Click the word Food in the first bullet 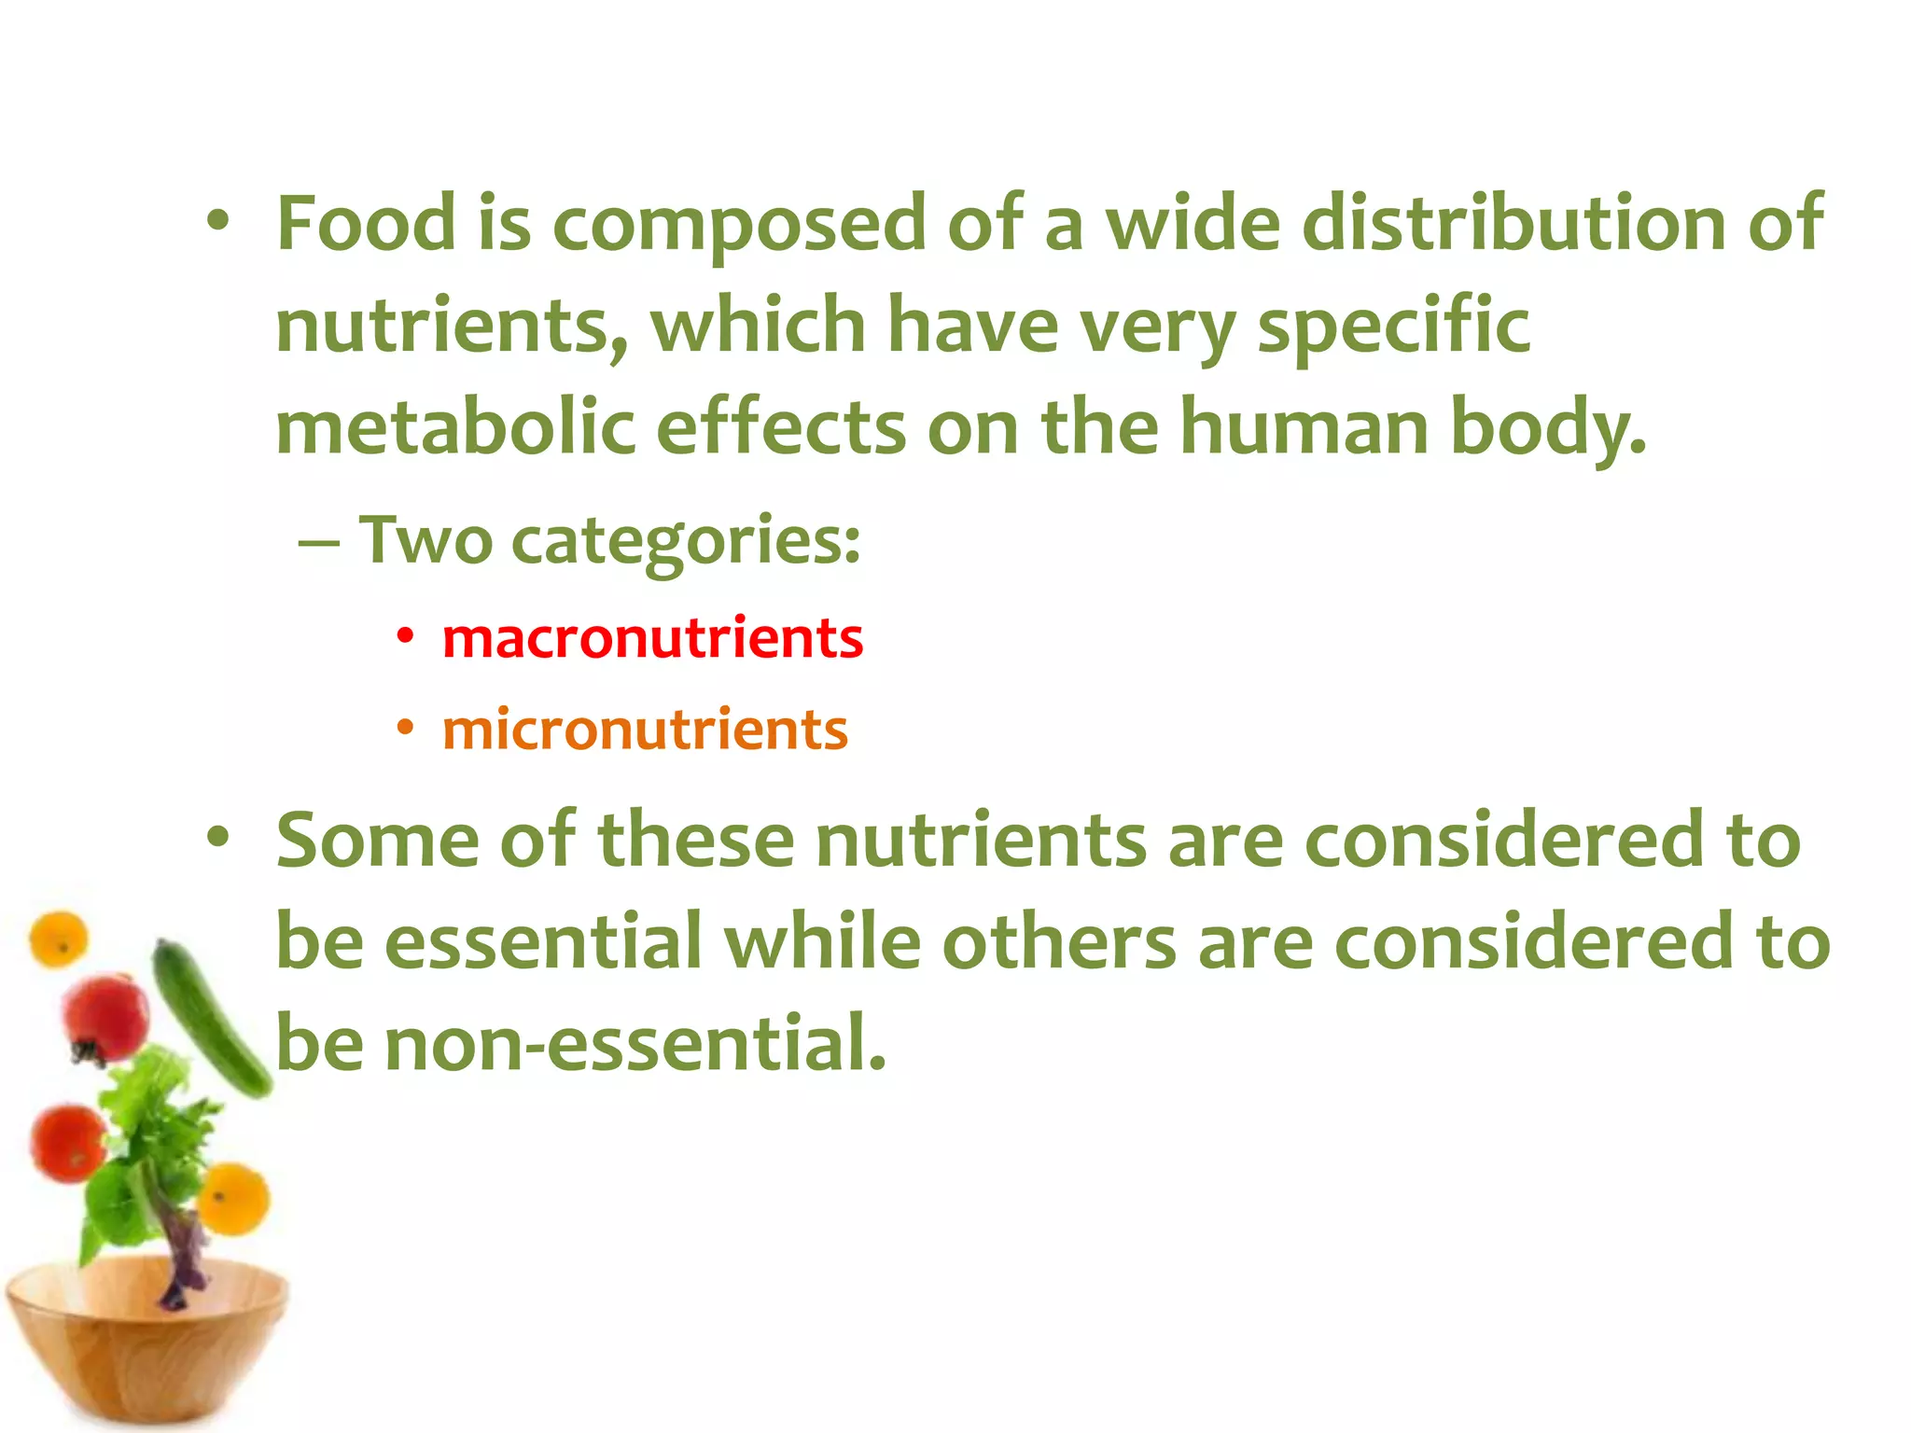point(366,223)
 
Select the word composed point(739,225)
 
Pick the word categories point(686,542)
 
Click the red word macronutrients point(652,639)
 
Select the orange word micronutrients point(645,730)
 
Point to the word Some point(378,840)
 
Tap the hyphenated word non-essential point(635,1043)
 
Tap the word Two point(425,540)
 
